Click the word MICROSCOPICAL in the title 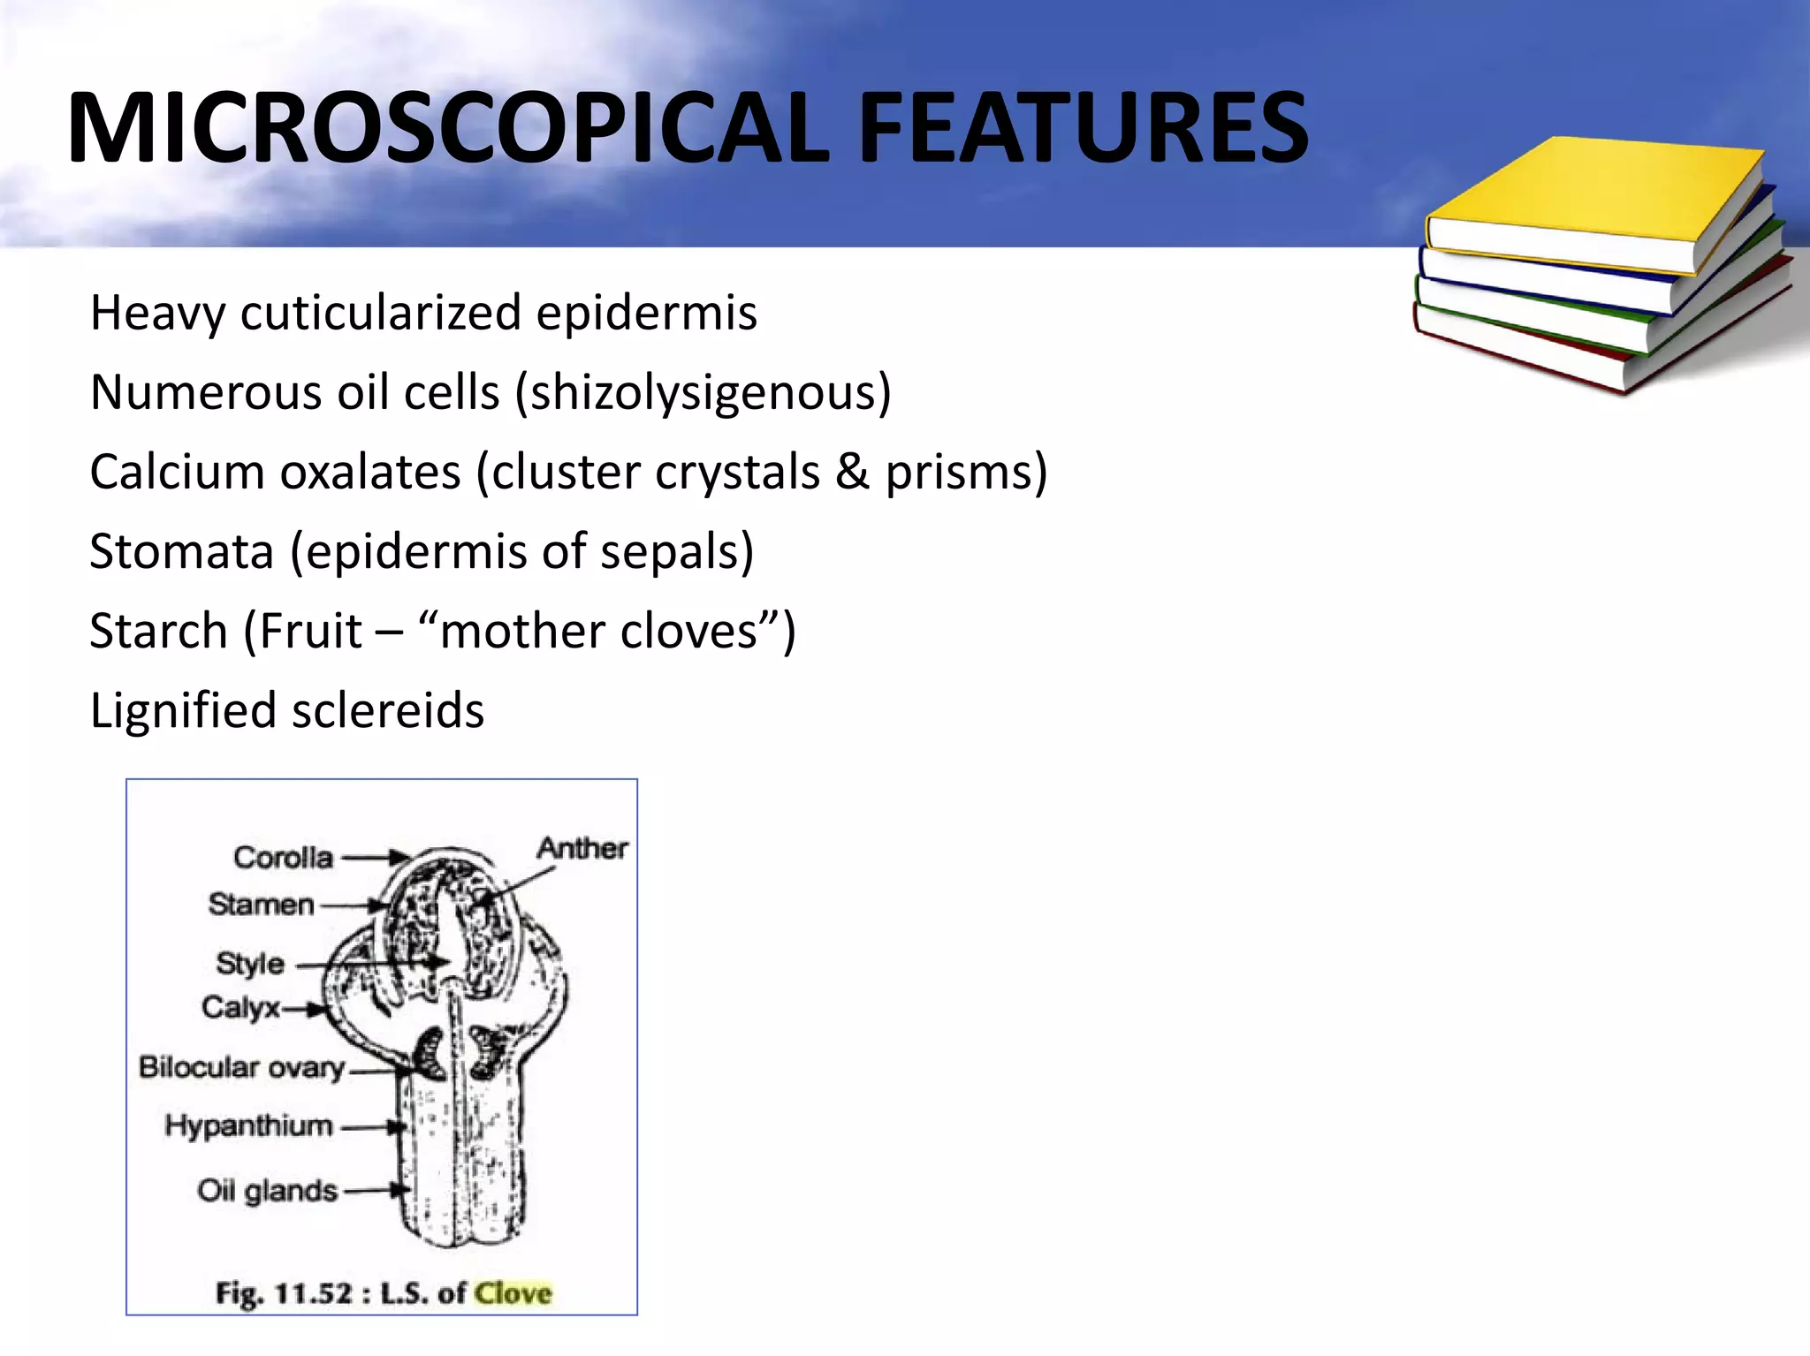(447, 129)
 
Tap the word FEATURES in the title (1083, 129)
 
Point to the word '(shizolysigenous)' (703, 393)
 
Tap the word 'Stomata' (181, 552)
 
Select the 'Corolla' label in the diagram (283, 857)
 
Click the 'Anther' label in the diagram (582, 848)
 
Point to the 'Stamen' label (262, 905)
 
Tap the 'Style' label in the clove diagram (250, 963)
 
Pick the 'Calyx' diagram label (240, 1007)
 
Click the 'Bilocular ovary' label (241, 1067)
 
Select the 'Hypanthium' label (249, 1126)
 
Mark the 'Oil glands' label (267, 1191)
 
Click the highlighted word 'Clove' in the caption (513, 1293)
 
